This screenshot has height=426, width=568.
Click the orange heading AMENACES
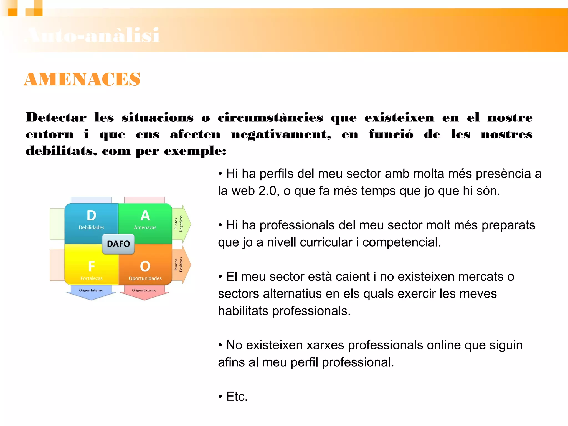pyautogui.click(x=82, y=80)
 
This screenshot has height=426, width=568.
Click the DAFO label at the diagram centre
pyautogui.click(x=118, y=244)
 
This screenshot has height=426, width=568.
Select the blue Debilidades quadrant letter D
pyautogui.click(x=91, y=215)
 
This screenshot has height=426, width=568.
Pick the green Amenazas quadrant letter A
pyautogui.click(x=145, y=215)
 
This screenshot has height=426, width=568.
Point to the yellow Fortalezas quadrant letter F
pyautogui.click(x=92, y=266)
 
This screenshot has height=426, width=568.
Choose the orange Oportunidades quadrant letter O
pyautogui.click(x=145, y=266)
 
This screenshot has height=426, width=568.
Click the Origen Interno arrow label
pyautogui.click(x=91, y=290)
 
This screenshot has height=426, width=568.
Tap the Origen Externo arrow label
pyautogui.click(x=144, y=290)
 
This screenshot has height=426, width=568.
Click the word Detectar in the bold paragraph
pyautogui.click(x=56, y=118)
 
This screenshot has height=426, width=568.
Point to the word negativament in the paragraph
pyautogui.click(x=281, y=135)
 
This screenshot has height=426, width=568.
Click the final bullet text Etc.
pyautogui.click(x=237, y=397)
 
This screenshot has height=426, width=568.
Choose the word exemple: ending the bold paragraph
pyautogui.click(x=195, y=151)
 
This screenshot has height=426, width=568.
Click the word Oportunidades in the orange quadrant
pyautogui.click(x=145, y=278)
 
